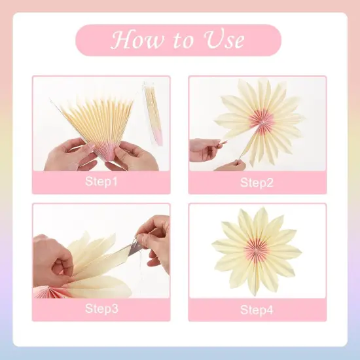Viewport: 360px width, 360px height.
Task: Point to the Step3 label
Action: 101,309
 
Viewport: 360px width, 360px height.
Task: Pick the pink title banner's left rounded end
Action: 85,41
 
